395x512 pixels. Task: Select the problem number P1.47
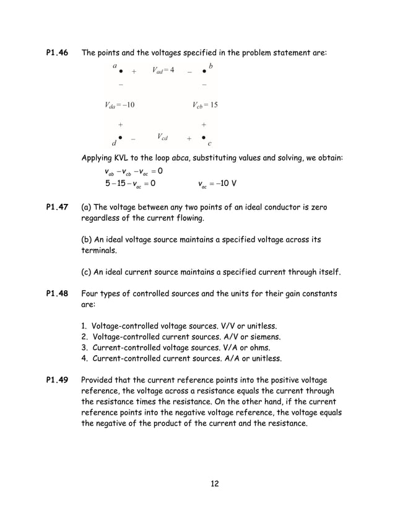(x=57, y=206)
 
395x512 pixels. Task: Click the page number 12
(x=215, y=483)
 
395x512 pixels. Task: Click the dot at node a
(x=121, y=71)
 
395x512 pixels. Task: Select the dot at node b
(x=204, y=71)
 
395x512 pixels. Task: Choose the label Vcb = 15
(x=205, y=105)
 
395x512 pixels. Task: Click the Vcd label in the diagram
(x=163, y=136)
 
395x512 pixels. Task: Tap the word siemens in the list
(x=264, y=337)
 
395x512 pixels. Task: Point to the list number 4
(x=84, y=358)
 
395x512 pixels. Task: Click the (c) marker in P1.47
(x=88, y=271)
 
